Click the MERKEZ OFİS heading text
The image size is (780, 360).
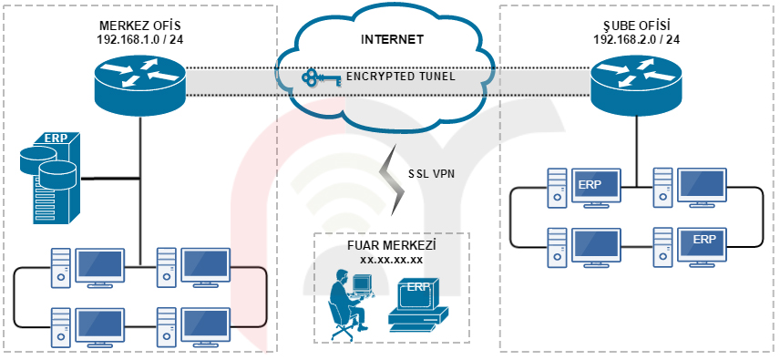point(141,26)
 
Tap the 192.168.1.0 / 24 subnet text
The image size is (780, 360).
point(140,39)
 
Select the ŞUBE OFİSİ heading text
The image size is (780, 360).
point(636,26)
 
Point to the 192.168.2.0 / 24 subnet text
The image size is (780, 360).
point(636,39)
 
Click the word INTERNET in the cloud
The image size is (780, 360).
point(393,39)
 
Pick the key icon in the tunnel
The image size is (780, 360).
point(321,77)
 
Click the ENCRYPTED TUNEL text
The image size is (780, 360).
point(400,77)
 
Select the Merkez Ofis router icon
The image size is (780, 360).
point(139,86)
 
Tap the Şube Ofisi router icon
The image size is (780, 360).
point(636,85)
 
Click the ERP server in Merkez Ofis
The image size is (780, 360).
point(49,177)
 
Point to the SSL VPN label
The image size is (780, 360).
point(431,173)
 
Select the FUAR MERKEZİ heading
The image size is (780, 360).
point(391,246)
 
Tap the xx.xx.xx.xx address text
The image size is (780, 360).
point(391,259)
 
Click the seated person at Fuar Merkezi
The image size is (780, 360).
point(349,303)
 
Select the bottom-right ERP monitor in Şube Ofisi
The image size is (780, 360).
point(702,246)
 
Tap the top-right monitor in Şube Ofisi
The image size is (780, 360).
point(702,187)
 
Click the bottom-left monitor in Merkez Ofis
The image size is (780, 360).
point(99,326)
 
